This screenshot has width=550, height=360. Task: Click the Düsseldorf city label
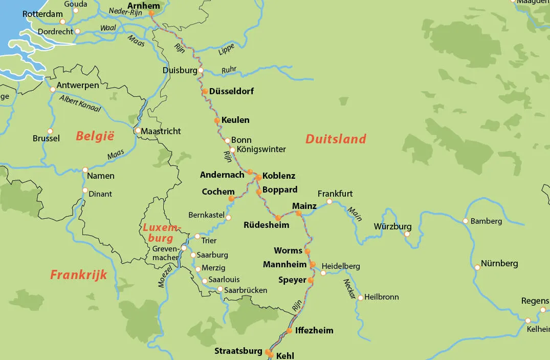[x=231, y=91]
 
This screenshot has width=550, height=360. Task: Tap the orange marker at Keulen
[x=217, y=121]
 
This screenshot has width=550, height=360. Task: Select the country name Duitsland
[x=336, y=139]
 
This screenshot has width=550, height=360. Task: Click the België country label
[x=95, y=136]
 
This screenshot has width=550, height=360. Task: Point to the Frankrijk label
[x=78, y=275]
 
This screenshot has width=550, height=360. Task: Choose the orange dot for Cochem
[x=231, y=198]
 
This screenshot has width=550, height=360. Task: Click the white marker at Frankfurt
[x=329, y=201]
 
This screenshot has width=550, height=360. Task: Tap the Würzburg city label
[x=392, y=226]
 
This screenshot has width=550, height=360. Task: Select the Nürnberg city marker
[x=477, y=267]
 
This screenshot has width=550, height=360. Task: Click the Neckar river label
[x=349, y=288]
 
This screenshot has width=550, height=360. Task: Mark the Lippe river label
[x=226, y=49]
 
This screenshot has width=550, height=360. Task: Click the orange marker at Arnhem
[x=151, y=14]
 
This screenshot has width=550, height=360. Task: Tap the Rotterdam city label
[x=42, y=14]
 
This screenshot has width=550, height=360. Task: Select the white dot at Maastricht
[x=138, y=131]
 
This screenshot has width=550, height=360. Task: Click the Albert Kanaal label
[x=80, y=103]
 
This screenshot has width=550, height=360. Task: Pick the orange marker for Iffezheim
[x=289, y=331]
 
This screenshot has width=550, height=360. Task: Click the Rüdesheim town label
[x=266, y=225]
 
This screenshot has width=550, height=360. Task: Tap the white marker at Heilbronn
[x=360, y=297]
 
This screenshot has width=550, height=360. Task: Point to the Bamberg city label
[x=486, y=221]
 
